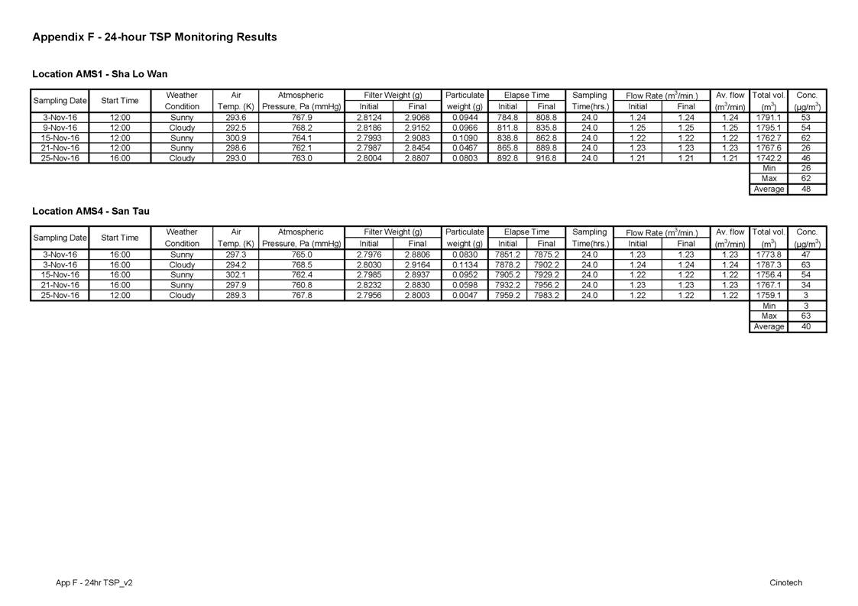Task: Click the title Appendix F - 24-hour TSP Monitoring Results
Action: pos(154,37)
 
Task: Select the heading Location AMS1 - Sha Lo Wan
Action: pos(99,74)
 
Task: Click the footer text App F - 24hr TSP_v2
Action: pos(94,582)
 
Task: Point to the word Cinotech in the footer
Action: pos(785,582)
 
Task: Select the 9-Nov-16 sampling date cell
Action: pos(60,128)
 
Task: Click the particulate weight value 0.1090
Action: pos(465,138)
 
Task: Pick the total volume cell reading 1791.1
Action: pos(767,118)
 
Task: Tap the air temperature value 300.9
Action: pos(236,138)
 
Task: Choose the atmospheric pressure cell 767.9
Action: pos(301,118)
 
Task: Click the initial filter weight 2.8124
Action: pos(368,118)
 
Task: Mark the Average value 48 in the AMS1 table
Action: pos(806,189)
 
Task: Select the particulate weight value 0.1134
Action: pos(465,264)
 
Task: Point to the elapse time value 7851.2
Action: pos(507,254)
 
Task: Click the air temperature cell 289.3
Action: pos(236,295)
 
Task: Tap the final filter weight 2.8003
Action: pos(417,295)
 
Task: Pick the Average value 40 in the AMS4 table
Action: pos(806,326)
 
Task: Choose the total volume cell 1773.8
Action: pos(767,254)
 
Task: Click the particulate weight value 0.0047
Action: pos(465,295)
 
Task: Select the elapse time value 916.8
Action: pos(546,158)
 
